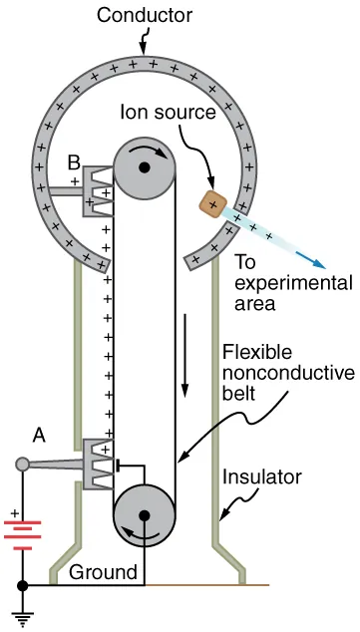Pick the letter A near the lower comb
pyautogui.click(x=39, y=435)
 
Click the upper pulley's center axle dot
pyautogui.click(x=146, y=167)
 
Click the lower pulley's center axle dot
pyautogui.click(x=146, y=516)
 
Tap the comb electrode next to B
pyautogui.click(x=99, y=185)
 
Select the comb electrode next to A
pyautogui.click(x=99, y=464)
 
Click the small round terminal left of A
pyautogui.click(x=23, y=464)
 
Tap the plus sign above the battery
pyautogui.click(x=14, y=514)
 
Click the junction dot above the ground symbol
pyautogui.click(x=23, y=585)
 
